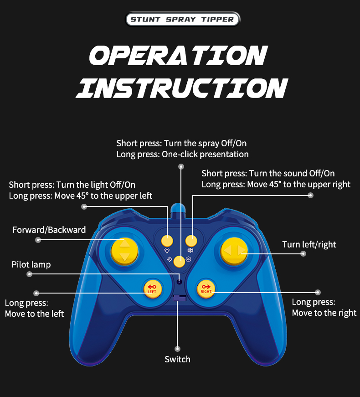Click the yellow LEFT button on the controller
pyautogui.click(x=151, y=288)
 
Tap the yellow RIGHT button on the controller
pyautogui.click(x=206, y=288)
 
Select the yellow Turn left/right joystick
pyautogui.click(x=234, y=251)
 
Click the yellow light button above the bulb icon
pyautogui.click(x=168, y=240)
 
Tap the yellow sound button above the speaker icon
pyautogui.click(x=191, y=240)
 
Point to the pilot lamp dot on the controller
pyautogui.click(x=180, y=282)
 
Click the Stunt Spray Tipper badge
pyautogui.click(x=182, y=19)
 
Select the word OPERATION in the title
pyautogui.click(x=178, y=56)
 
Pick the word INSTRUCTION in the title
pyautogui.click(x=181, y=88)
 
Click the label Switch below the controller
pyautogui.click(x=177, y=359)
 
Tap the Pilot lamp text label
pyautogui.click(x=31, y=264)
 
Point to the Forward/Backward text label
pyautogui.click(x=49, y=230)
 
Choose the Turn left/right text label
pyautogui.click(x=309, y=244)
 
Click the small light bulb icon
pyautogui.click(x=167, y=251)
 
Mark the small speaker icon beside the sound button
pyautogui.click(x=190, y=250)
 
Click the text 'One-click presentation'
pyautogui.click(x=205, y=154)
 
